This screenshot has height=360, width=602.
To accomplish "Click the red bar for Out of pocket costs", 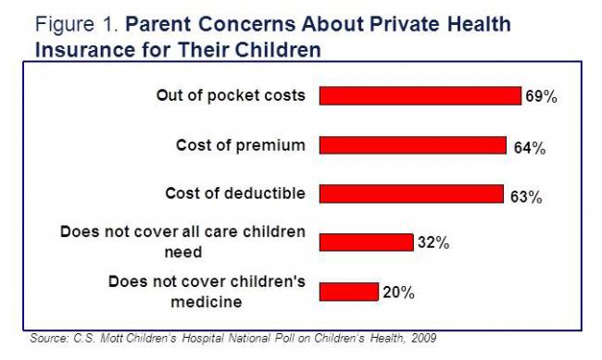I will [420, 96].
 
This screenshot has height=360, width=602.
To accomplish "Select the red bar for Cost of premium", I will [413, 145].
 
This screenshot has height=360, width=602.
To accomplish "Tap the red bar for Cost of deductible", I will [411, 193].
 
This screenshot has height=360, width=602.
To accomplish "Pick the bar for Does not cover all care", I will [366, 242].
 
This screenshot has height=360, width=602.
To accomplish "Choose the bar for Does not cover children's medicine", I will [349, 291].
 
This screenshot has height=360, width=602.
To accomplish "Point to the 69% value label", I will [541, 97].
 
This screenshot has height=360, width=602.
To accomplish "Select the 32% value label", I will [433, 243].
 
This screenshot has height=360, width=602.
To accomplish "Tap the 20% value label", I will [398, 292].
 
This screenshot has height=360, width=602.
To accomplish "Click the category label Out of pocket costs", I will [231, 96].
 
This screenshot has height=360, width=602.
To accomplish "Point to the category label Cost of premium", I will [240, 145].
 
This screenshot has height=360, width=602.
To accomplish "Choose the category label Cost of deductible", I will [234, 193].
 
